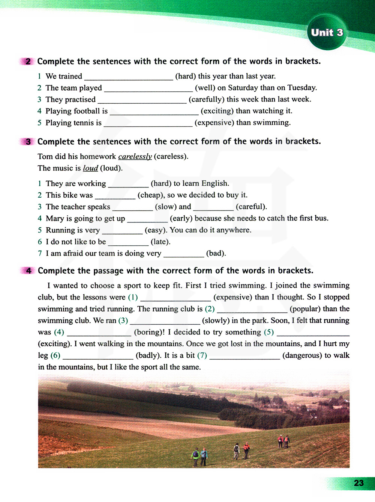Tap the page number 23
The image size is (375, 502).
click(358, 483)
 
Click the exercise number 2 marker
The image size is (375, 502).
click(28, 61)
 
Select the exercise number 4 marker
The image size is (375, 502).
click(28, 271)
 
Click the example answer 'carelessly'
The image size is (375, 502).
click(135, 157)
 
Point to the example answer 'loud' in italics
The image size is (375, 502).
click(90, 168)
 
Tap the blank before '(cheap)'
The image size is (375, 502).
click(115, 196)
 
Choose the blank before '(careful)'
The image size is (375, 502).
click(213, 207)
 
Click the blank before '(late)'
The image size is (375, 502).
click(128, 242)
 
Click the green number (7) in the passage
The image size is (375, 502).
click(202, 355)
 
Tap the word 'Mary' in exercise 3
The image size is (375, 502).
click(55, 218)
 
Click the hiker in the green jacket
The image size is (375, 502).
click(195, 455)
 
